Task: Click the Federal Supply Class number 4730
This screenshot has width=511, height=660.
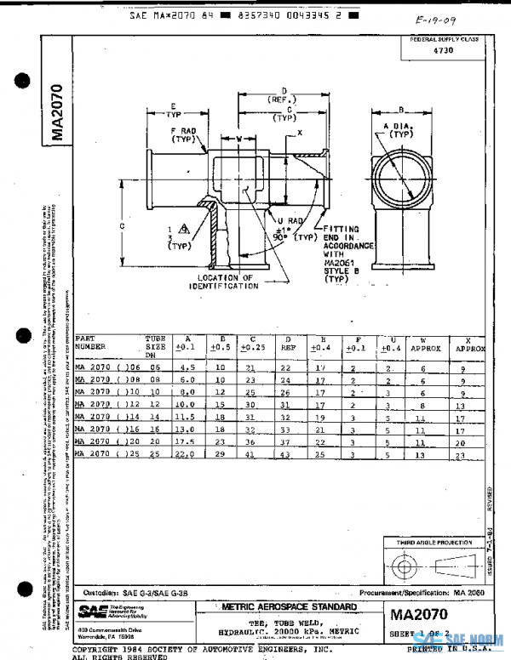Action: (x=444, y=51)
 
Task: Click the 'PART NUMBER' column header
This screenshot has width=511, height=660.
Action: (x=90, y=343)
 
